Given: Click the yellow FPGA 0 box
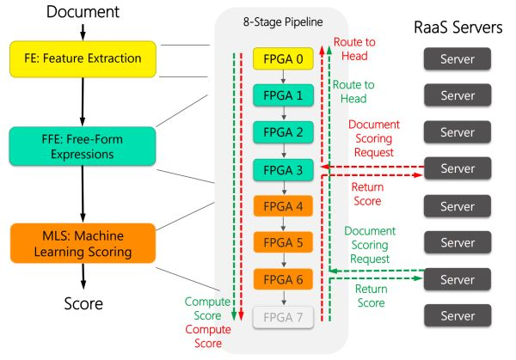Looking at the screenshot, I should pos(283,59).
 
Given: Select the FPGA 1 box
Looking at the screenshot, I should pos(283,96).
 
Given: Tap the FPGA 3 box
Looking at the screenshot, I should pos(283,170).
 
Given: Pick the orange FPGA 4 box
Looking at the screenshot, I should pos(283,207).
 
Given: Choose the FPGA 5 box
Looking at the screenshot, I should pos(283,243).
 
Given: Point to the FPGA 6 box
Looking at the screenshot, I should pos(283,279).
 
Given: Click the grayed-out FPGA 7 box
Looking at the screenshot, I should pos(283,317).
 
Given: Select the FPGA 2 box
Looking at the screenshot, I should pos(283,133).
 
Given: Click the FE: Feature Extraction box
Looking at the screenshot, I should pos(81,58).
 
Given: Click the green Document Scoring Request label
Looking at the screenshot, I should pos(370,244).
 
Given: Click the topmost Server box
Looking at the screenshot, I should pos(456,59).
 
